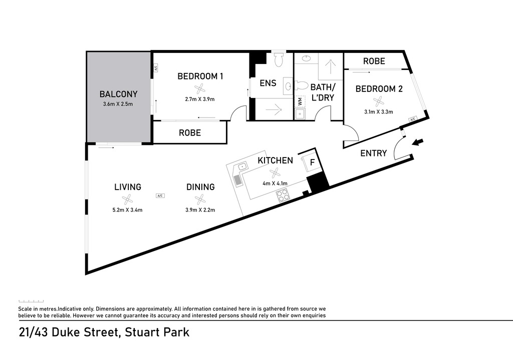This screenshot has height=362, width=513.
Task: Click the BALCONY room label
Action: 118,94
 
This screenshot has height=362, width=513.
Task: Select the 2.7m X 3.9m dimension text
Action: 199,99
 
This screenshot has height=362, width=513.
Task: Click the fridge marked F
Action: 312,162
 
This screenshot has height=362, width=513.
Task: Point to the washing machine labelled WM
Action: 300,101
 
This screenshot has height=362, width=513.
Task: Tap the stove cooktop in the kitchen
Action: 282,195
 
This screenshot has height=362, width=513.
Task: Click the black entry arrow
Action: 418,142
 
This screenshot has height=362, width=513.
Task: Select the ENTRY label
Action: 373,153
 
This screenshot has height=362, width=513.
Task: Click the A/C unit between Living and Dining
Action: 160,196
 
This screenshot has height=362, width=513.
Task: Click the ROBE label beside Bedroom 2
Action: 374,61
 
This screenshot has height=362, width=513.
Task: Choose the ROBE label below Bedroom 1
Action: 190,133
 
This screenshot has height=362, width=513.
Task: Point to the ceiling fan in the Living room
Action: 127,199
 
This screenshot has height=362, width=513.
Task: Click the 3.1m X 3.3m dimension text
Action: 379,111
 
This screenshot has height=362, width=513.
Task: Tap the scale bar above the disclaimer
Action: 31,301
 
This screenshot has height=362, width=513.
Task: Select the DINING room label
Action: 200,187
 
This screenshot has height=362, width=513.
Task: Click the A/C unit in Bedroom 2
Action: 412,119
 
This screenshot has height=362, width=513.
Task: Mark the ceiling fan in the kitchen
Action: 275,172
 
